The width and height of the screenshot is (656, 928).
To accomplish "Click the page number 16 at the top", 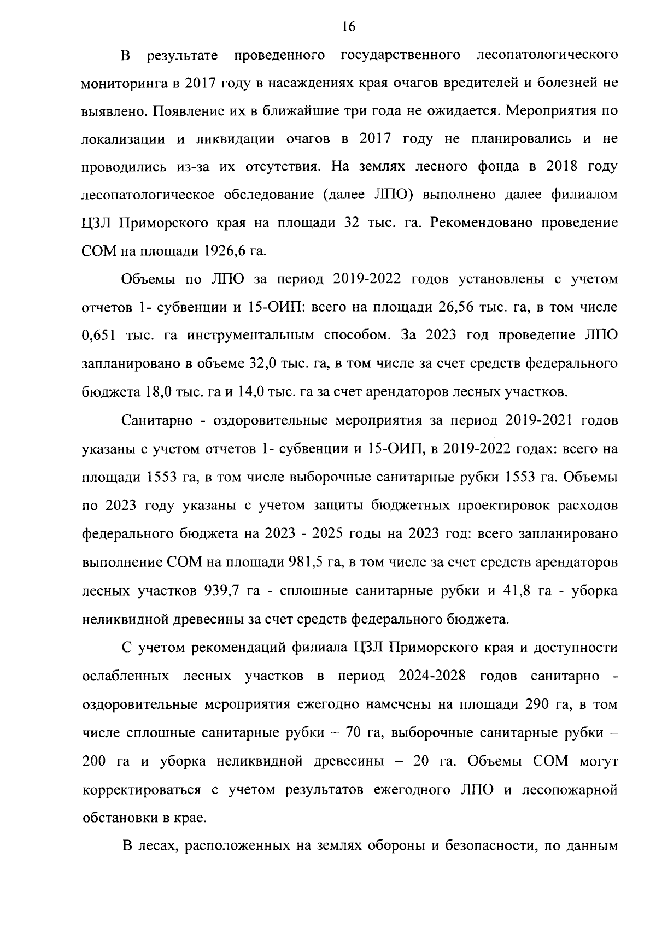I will [x=348, y=26].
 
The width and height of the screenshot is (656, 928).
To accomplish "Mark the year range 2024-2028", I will [x=432, y=676].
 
